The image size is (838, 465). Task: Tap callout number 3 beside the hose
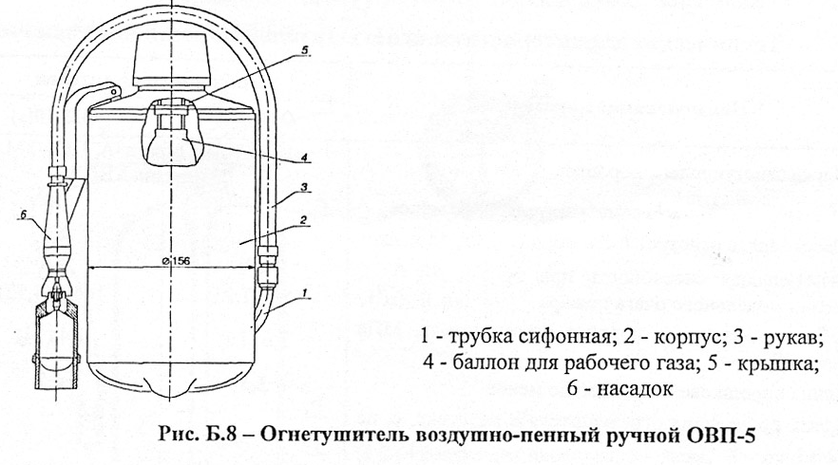(x=303, y=190)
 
